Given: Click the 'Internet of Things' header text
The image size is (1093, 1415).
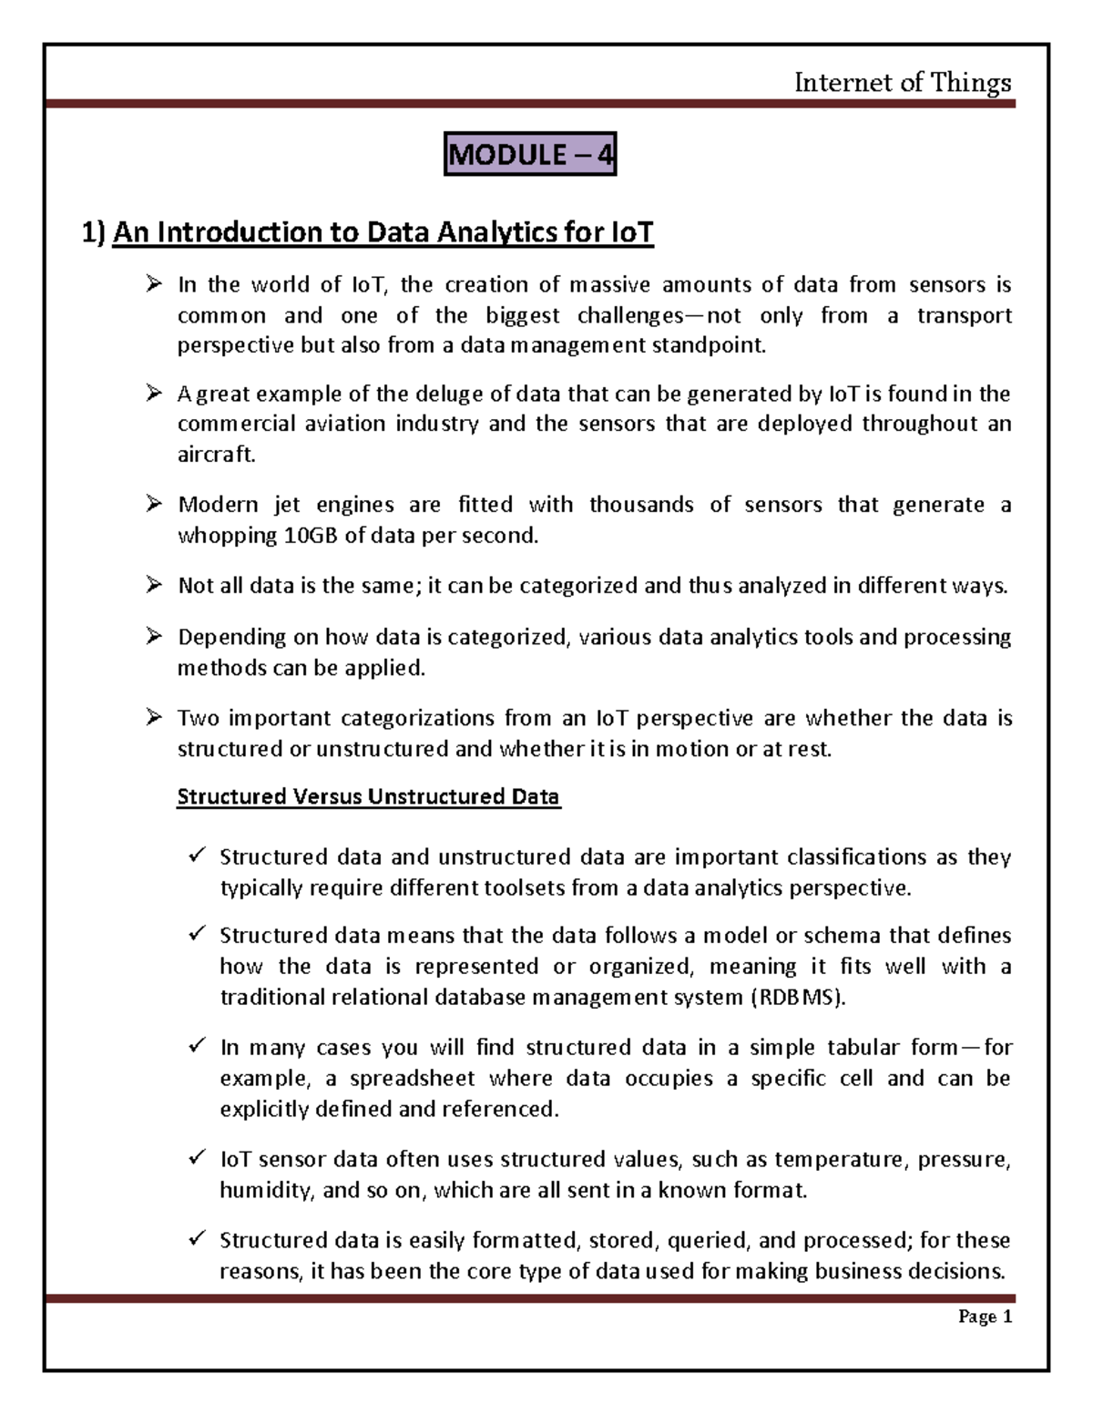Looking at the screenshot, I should pos(902,84).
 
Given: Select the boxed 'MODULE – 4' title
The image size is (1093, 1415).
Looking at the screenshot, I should pos(530,156).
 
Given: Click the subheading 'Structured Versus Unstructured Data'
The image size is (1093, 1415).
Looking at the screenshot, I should pos(368,797).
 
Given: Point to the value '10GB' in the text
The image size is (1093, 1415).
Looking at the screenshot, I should pos(311,536).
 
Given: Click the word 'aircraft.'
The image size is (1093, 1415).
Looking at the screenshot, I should pos(217,455).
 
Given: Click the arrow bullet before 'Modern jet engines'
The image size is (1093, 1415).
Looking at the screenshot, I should pos(153,504).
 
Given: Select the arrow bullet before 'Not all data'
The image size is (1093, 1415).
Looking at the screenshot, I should pos(153,586).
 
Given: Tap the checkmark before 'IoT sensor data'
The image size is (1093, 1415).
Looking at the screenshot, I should pos(197,1158).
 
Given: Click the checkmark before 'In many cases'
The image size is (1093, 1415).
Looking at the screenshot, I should pos(197,1047).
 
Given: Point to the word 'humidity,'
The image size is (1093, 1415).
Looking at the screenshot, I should pos(262,1190).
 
